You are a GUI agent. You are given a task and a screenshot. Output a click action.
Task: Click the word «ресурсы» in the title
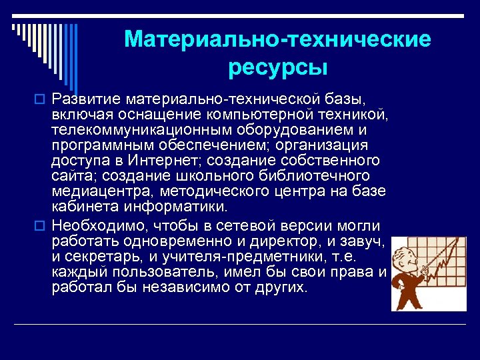[277, 67]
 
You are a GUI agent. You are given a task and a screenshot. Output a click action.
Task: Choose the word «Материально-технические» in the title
[277, 39]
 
